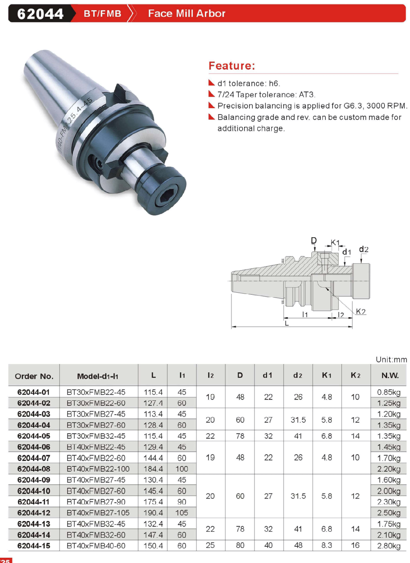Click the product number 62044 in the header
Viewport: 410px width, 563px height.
tap(40, 13)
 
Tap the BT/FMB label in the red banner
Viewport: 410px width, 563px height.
tap(102, 13)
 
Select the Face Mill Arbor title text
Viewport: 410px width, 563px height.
tap(186, 13)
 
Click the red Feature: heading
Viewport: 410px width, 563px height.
tap(231, 66)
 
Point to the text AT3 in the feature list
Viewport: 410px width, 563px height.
tap(306, 95)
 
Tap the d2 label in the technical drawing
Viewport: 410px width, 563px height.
tap(363, 249)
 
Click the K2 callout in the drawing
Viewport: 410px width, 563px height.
tap(361, 311)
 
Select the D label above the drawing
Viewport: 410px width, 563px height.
tap(313, 241)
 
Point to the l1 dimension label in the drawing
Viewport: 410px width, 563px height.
tap(304, 314)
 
